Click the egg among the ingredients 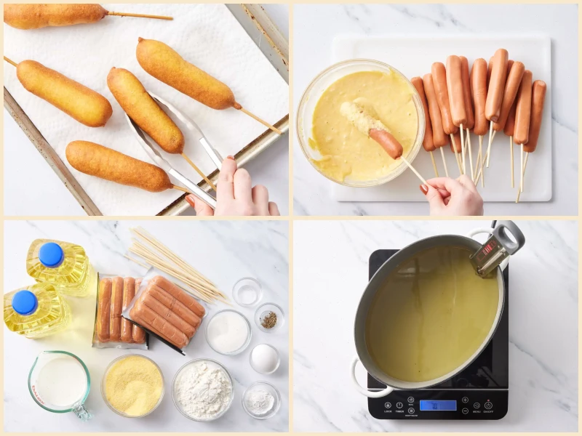264,358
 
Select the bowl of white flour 203,389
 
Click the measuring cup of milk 60,382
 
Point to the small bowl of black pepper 268,319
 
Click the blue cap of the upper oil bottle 51,254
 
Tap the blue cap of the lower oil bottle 25,302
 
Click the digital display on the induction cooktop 438,405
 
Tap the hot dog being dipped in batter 384,142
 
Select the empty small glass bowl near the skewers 247,291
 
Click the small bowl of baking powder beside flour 260,400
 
